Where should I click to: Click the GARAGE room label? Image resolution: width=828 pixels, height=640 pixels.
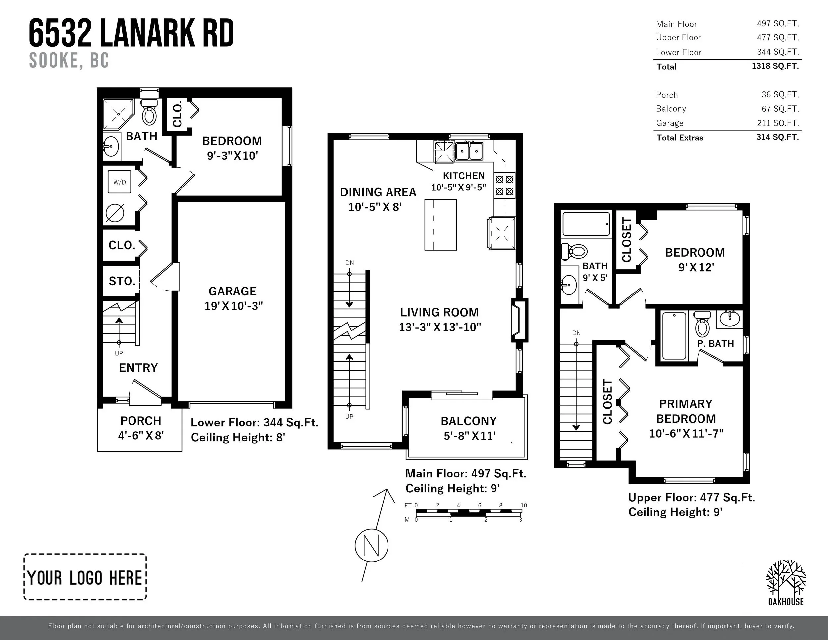pyautogui.click(x=233, y=291)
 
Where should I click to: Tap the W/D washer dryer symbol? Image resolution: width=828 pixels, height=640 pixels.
pyautogui.click(x=120, y=182)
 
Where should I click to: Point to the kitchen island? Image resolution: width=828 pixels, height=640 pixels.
pyautogui.click(x=440, y=225)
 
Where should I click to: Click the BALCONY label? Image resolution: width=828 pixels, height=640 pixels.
pyautogui.click(x=469, y=421)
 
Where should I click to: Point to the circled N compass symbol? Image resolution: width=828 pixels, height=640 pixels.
pyautogui.click(x=372, y=546)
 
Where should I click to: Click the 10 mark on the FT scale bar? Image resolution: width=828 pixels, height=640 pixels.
pyautogui.click(x=524, y=505)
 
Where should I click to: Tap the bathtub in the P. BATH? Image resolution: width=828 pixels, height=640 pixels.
pyautogui.click(x=674, y=336)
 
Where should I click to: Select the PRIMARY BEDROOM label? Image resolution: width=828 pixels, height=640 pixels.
pyautogui.click(x=686, y=411)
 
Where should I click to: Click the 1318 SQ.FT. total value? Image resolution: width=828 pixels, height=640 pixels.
pyautogui.click(x=775, y=66)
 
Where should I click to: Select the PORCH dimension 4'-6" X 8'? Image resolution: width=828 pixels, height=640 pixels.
pyautogui.click(x=141, y=435)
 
